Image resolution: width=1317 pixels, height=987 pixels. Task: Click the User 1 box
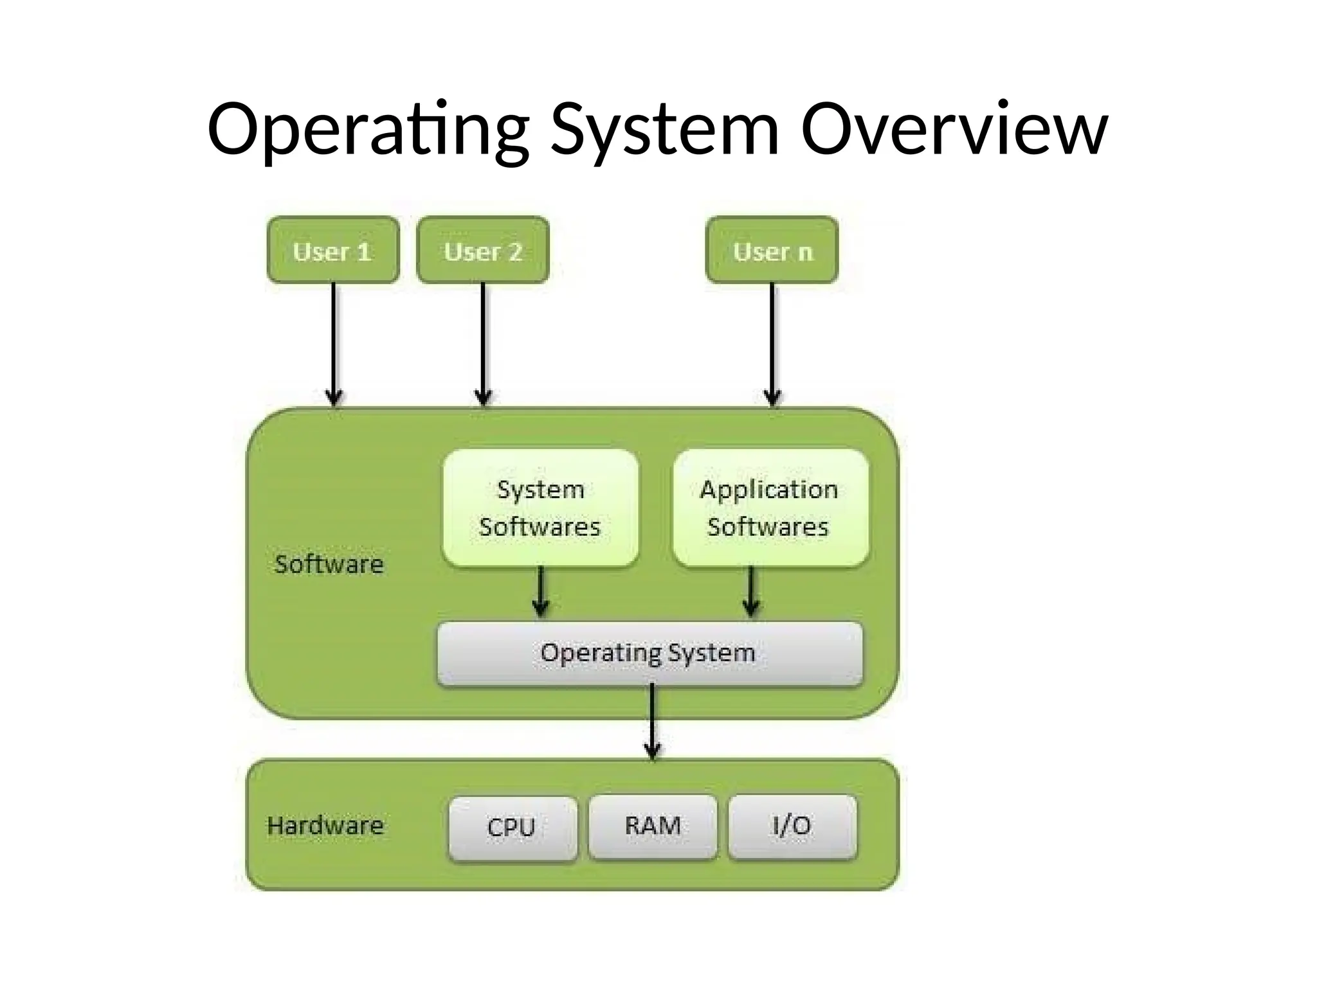(333, 250)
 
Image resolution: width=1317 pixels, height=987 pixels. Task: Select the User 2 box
(483, 250)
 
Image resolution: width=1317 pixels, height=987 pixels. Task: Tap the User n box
(772, 250)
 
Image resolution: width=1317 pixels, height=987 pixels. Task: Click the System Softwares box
(540, 508)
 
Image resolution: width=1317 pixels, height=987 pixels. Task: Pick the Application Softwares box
(770, 508)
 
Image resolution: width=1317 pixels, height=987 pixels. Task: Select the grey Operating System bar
(649, 653)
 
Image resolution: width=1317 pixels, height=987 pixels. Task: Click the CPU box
(513, 828)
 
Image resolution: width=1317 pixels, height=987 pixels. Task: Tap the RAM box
(653, 826)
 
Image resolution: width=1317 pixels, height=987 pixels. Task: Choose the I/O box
(792, 826)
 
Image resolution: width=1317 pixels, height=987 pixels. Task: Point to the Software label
(329, 564)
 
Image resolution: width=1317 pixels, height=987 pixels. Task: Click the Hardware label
(325, 826)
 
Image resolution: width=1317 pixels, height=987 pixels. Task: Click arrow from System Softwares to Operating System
(541, 591)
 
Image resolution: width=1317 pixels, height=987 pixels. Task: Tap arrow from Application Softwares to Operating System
(751, 591)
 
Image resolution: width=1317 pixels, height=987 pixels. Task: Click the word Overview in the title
(954, 130)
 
